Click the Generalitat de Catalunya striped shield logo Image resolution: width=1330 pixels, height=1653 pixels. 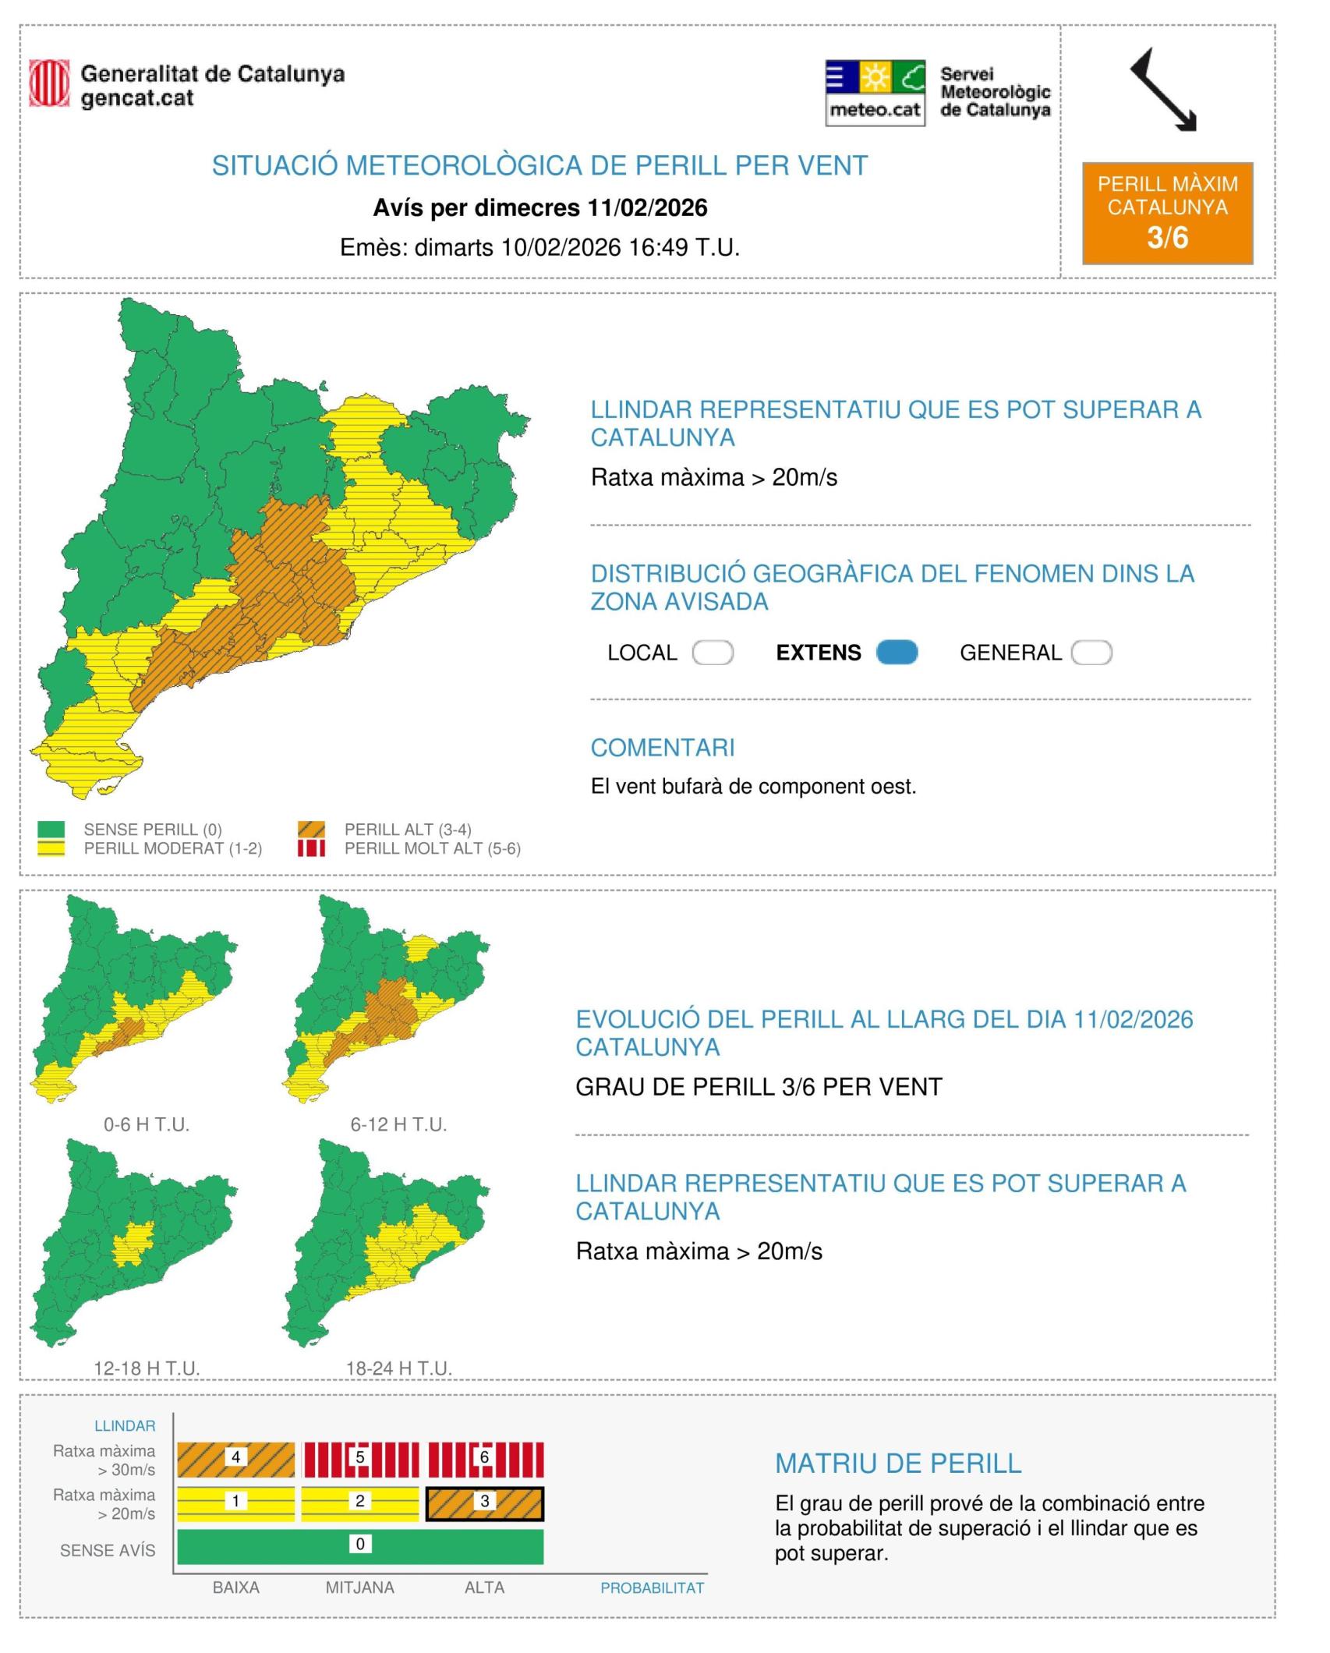click(49, 83)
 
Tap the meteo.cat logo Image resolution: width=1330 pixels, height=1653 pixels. click(875, 93)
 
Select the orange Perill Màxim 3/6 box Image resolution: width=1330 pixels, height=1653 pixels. click(1167, 213)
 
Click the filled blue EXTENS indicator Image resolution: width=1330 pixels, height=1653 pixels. click(897, 652)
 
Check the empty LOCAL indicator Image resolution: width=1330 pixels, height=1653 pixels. click(713, 652)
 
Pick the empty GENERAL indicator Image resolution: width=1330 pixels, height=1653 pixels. click(1091, 652)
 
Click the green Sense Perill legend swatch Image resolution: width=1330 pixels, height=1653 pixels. click(51, 829)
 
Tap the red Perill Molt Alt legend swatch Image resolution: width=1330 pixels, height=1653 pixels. click(311, 848)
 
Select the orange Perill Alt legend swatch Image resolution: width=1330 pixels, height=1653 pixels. click(311, 829)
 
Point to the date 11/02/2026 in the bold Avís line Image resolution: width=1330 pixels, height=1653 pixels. click(647, 207)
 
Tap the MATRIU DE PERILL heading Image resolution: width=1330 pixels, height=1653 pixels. click(898, 1464)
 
